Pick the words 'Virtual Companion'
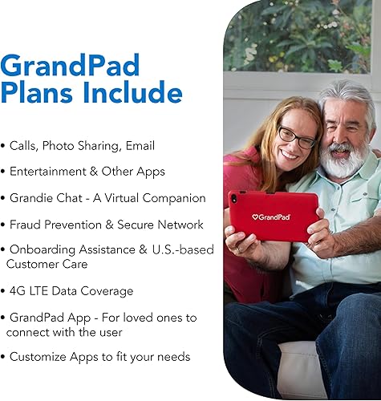click(157, 198)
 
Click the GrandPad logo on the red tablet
click(271, 217)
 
